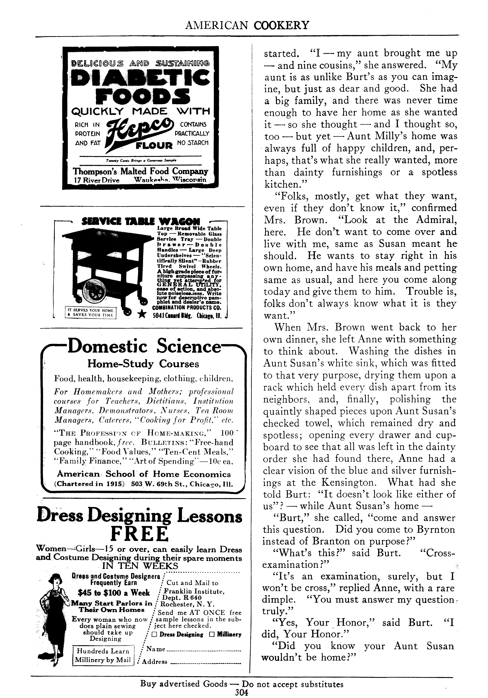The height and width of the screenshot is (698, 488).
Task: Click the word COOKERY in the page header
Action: coord(281,25)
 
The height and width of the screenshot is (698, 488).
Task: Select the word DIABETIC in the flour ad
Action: coord(140,77)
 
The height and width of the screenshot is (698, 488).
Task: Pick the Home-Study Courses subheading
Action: coord(143,364)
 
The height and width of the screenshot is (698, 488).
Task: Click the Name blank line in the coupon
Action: coord(204,651)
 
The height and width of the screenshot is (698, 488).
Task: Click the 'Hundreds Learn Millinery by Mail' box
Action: coord(103,656)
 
